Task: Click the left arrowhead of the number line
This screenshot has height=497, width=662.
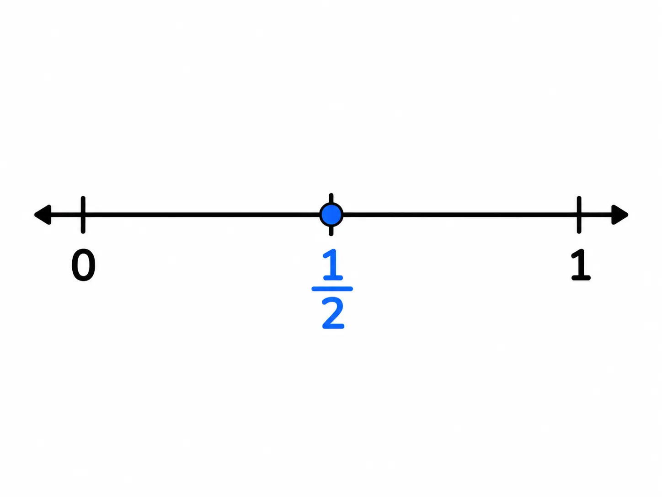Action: [44, 215]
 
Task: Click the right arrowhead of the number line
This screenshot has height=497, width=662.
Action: [619, 215]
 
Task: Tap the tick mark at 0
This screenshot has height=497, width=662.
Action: [83, 215]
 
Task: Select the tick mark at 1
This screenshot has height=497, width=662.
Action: [579, 215]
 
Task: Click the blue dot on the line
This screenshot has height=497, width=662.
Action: [331, 215]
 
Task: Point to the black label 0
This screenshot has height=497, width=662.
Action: [84, 265]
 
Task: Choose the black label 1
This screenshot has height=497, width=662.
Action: [581, 265]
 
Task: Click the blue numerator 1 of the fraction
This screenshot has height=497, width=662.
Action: [332, 265]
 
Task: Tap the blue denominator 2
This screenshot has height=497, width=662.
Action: [333, 313]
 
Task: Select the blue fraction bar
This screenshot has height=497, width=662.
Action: [332, 289]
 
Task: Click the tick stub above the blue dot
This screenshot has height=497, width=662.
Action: [331, 198]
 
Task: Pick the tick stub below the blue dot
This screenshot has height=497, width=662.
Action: [331, 231]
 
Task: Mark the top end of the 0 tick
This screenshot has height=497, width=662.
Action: [83, 197]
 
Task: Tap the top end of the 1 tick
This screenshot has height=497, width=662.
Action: [579, 197]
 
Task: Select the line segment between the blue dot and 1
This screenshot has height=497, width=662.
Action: [460, 215]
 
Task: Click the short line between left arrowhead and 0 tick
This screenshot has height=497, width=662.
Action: [66, 215]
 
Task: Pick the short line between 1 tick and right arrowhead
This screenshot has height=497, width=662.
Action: [596, 215]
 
